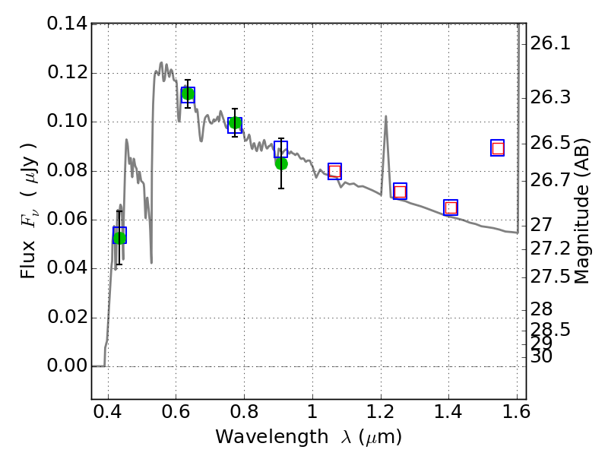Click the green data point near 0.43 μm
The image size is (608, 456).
(x=119, y=237)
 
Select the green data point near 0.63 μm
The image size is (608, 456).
(x=188, y=94)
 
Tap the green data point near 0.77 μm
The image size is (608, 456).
(x=235, y=123)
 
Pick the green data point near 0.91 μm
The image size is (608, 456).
(x=281, y=163)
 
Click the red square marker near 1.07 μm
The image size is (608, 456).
(x=334, y=171)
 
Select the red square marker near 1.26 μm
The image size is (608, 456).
(x=400, y=192)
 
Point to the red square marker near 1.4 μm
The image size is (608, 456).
(x=451, y=207)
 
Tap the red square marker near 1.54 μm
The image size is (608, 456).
(x=498, y=148)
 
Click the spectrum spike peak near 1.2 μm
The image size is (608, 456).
(x=386, y=116)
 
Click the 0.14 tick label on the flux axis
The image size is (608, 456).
(x=67, y=24)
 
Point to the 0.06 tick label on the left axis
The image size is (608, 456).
(x=67, y=220)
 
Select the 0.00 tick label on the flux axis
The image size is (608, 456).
(x=67, y=366)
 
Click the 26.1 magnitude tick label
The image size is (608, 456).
(x=551, y=44)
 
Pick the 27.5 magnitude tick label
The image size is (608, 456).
(x=551, y=277)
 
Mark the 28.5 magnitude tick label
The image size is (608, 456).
(x=551, y=330)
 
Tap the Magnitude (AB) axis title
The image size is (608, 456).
(x=582, y=211)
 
